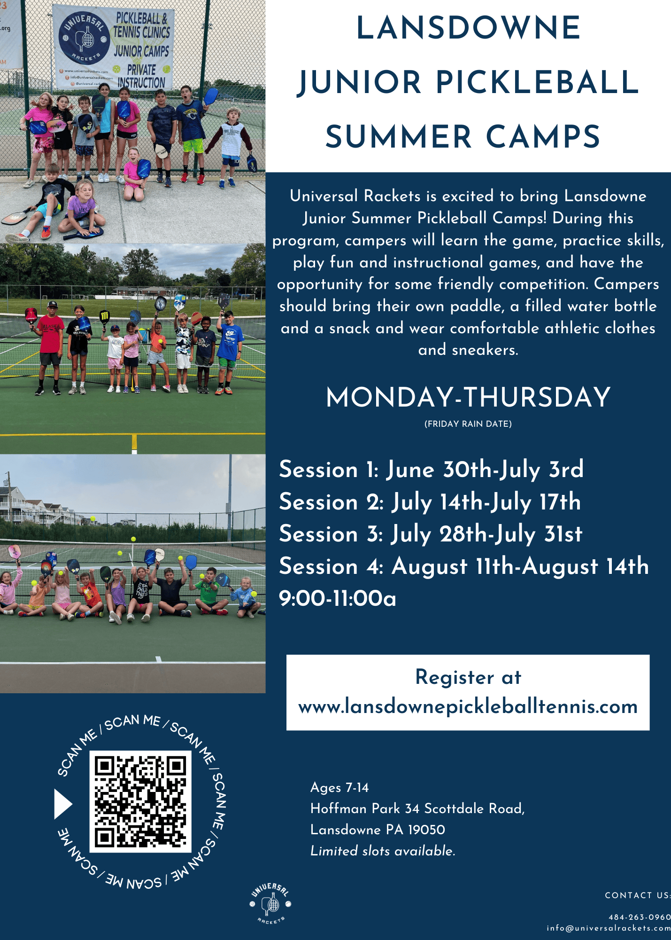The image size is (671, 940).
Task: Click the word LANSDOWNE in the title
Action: tap(469, 28)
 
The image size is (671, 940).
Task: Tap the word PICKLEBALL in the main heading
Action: tap(538, 83)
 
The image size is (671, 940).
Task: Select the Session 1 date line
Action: tap(431, 469)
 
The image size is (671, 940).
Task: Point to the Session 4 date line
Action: tap(464, 566)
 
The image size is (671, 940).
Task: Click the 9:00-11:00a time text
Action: tap(338, 598)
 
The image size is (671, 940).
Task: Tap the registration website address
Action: tap(468, 706)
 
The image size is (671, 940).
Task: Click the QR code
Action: tap(140, 801)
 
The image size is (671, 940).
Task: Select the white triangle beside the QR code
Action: tap(63, 804)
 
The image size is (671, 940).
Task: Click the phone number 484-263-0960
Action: tap(640, 917)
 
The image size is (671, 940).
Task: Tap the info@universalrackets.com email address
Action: tap(609, 928)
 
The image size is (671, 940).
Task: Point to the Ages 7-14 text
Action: tap(339, 788)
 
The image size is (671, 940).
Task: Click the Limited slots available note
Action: tap(383, 851)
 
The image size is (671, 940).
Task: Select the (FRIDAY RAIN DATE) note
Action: tap(468, 424)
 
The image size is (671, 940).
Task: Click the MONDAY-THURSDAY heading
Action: tap(468, 397)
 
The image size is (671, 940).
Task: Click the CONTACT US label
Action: tap(638, 895)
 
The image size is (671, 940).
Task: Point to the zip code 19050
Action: tap(426, 830)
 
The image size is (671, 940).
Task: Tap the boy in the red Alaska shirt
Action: tap(51, 347)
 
